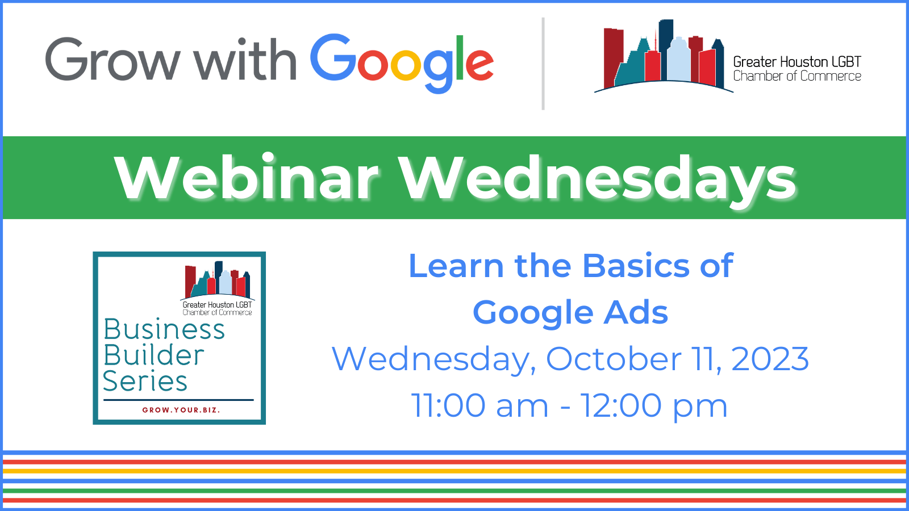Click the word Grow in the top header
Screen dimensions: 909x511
[113, 59]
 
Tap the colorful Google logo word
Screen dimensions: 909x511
[402, 63]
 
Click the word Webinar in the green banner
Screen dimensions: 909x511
[247, 178]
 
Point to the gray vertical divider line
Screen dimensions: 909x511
[543, 64]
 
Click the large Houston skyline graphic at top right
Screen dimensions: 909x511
[664, 56]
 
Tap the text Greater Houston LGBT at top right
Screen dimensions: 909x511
[797, 62]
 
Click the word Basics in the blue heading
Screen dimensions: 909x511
[636, 266]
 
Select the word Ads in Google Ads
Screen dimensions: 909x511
[636, 312]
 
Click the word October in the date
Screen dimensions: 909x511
[614, 359]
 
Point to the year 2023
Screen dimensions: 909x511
[770, 359]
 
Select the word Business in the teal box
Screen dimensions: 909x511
[164, 329]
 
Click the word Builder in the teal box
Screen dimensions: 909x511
[153, 355]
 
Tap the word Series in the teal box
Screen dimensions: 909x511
[145, 381]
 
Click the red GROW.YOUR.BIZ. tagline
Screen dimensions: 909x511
[181, 410]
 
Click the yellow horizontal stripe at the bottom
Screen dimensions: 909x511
[454, 471]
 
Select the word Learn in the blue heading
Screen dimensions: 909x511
[457, 266]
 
